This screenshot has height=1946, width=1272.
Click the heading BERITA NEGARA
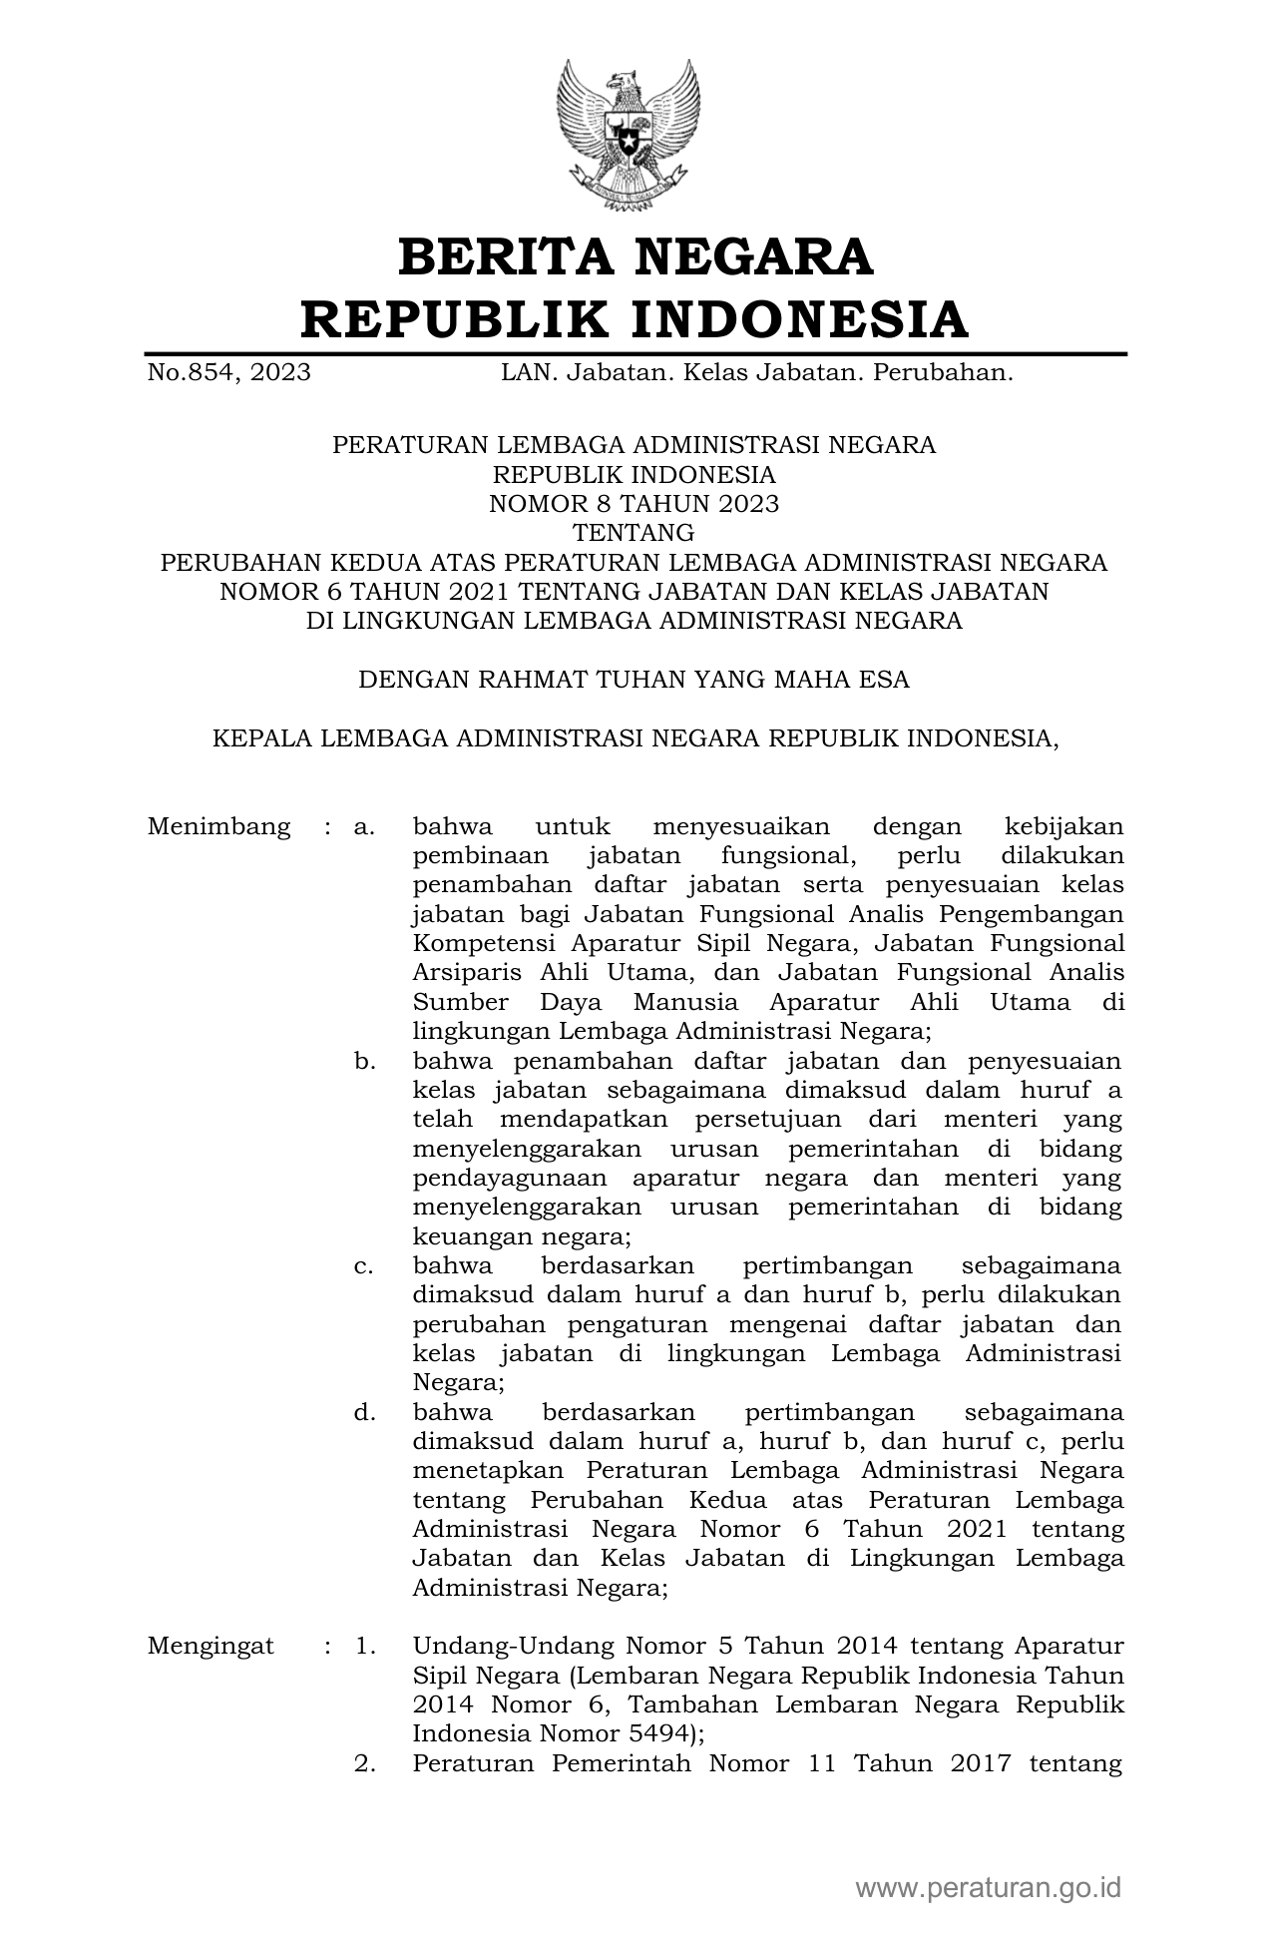[636, 256]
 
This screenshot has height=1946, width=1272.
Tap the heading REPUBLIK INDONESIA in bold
[636, 319]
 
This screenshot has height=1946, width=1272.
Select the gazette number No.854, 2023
[228, 373]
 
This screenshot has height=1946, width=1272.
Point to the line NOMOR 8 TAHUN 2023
[634, 504]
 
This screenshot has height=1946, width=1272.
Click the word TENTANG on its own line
[634, 533]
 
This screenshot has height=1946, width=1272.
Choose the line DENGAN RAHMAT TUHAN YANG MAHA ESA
[634, 680]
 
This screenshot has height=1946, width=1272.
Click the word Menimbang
[218, 827]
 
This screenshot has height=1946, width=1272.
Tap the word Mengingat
[211, 1646]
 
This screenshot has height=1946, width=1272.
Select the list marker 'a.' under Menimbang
[364, 827]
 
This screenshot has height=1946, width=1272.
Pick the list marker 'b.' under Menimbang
[364, 1061]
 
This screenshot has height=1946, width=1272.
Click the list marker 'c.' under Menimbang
[364, 1266]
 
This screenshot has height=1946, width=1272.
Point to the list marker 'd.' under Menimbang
[364, 1413]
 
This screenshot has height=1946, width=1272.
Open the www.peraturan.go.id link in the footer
[988, 1888]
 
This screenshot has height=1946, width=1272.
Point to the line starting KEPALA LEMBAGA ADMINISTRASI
[634, 738]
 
